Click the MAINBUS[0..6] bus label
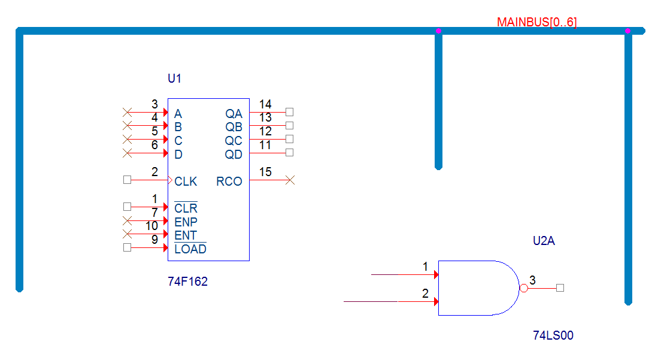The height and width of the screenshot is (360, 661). click(x=536, y=22)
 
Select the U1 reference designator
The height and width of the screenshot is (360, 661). click(x=174, y=78)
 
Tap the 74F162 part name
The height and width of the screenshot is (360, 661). click(x=187, y=281)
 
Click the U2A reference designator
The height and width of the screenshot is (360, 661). click(x=544, y=241)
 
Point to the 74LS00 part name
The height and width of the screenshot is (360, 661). click(x=553, y=335)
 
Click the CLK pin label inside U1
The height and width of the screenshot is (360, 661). click(x=186, y=181)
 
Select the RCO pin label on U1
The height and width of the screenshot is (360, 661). click(x=229, y=181)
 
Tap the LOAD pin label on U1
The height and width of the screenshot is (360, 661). click(x=190, y=249)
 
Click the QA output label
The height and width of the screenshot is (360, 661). click(x=234, y=114)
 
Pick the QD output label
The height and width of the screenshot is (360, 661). click(x=234, y=155)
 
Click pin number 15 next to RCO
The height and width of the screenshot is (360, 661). click(x=265, y=172)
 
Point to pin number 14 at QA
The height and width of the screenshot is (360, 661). click(x=265, y=104)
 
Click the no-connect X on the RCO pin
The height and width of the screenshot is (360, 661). click(x=290, y=180)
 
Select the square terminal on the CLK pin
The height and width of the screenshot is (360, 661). click(x=128, y=180)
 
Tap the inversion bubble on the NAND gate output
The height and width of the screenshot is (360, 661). click(x=523, y=288)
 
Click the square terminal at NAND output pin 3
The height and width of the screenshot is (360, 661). click(x=560, y=288)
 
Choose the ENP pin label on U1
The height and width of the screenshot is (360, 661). click(x=186, y=222)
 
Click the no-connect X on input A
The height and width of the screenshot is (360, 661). click(x=128, y=112)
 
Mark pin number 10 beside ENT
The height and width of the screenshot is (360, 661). click(x=151, y=226)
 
